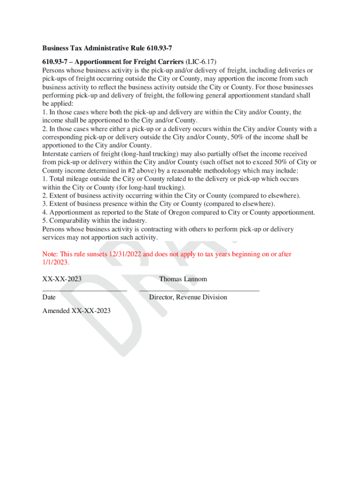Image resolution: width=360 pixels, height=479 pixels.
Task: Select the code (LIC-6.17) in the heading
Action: (201, 62)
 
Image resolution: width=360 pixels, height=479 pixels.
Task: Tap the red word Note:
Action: (50, 254)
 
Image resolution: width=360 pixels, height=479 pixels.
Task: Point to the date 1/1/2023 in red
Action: (55, 262)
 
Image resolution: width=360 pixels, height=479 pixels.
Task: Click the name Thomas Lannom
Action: (183, 279)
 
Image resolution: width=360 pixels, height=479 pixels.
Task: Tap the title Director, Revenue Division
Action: (188, 297)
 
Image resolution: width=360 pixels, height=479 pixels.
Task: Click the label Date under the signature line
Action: (49, 297)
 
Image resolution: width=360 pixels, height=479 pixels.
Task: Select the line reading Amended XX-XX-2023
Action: (77, 311)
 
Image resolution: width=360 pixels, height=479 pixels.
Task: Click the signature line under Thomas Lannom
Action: (199, 290)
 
